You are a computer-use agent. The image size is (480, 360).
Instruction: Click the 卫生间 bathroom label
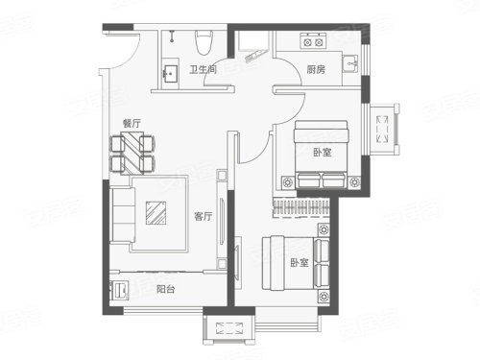click(204, 69)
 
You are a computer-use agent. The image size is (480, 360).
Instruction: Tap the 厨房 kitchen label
click(316, 69)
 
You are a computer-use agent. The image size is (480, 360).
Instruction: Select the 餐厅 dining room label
click(132, 123)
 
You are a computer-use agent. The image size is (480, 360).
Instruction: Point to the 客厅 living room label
click(204, 216)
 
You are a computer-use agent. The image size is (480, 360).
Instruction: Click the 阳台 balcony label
click(166, 289)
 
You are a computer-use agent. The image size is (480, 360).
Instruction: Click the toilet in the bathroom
click(204, 42)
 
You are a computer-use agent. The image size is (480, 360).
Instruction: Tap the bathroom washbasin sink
click(170, 74)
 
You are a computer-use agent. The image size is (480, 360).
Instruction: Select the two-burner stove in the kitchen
click(313, 41)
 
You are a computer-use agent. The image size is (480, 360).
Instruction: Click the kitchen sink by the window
click(351, 64)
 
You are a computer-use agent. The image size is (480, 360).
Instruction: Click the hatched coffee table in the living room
click(156, 213)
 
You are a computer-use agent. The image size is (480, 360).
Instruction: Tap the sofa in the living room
click(122, 215)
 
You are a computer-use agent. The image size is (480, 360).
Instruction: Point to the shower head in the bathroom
click(173, 36)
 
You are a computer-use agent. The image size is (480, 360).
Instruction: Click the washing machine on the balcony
click(119, 290)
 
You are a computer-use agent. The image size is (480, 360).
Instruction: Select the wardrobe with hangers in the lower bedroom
click(300, 207)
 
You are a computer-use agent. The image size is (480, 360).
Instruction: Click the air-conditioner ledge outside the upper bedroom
click(383, 130)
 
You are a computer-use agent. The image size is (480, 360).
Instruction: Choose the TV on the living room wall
click(222, 222)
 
